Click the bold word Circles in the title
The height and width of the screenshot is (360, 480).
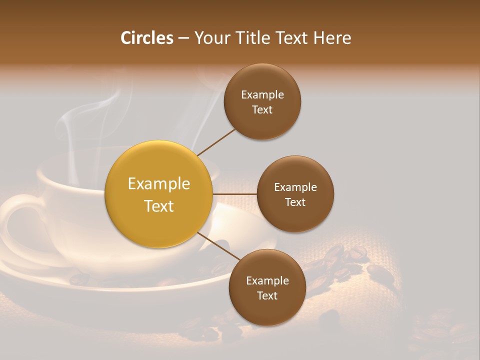pyautogui.click(x=146, y=38)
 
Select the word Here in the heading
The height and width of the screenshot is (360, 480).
pyautogui.click(x=332, y=38)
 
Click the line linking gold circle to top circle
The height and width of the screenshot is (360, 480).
pyautogui.click(x=216, y=141)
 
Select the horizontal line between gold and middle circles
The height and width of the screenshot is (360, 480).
pyautogui.click(x=234, y=194)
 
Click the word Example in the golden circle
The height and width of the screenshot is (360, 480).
pyautogui.click(x=158, y=184)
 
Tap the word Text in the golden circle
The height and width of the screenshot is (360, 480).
pyautogui.click(x=158, y=206)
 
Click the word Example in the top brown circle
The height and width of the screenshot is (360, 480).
pyautogui.click(x=262, y=94)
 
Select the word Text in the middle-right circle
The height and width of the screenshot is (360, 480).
pyautogui.click(x=295, y=202)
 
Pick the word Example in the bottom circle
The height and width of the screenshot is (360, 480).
pyautogui.click(x=267, y=280)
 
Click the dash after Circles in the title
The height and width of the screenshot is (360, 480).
pyautogui.click(x=183, y=38)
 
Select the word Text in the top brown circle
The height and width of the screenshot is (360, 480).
pyautogui.click(x=262, y=109)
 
